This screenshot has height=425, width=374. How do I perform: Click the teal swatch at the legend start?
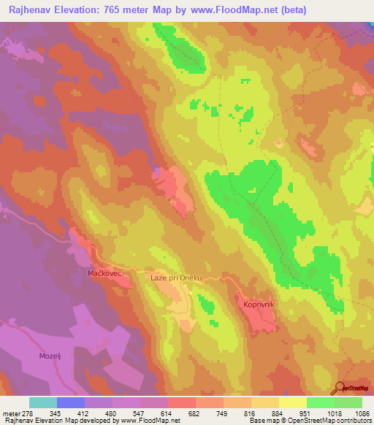point(43,402)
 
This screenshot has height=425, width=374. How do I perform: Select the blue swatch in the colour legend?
point(71,402)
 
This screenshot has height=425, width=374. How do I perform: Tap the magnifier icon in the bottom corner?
point(340,388)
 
